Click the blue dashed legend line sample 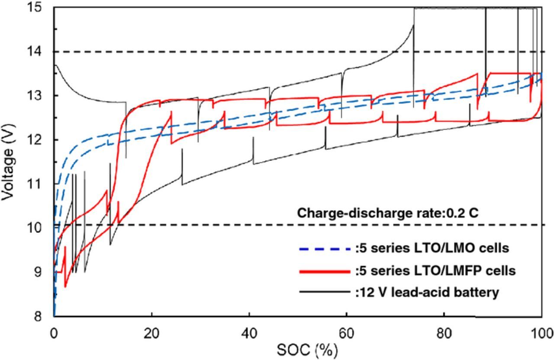point(324,249)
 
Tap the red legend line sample point(324,271)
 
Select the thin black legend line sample point(324,292)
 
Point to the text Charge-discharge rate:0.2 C point(387,213)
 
